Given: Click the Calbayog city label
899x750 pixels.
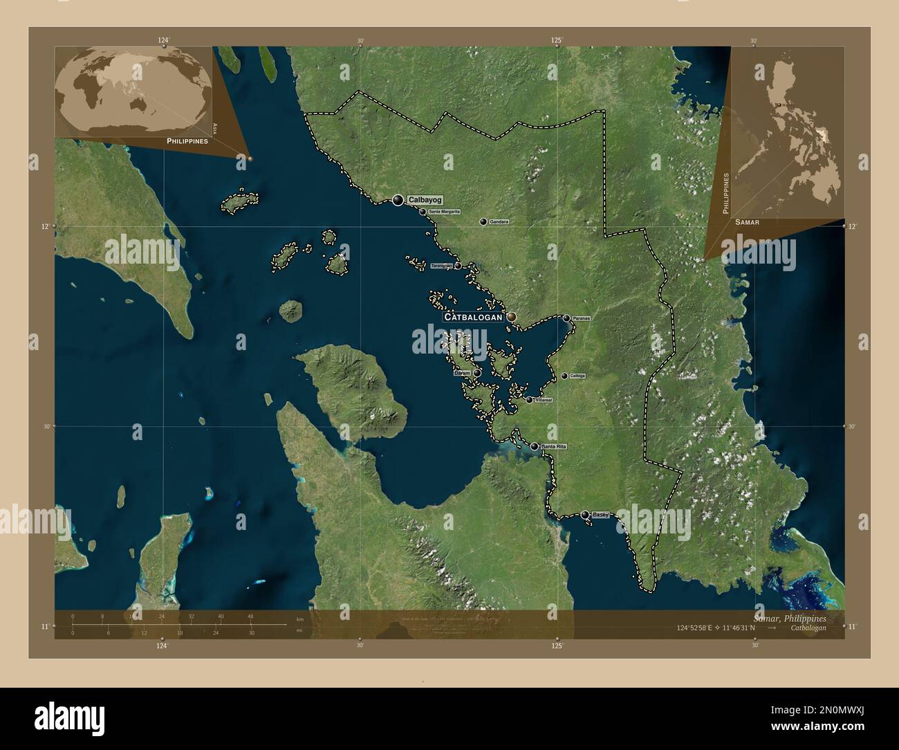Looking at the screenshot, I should pos(425,200).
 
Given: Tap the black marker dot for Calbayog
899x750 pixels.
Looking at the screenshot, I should pos(398,200).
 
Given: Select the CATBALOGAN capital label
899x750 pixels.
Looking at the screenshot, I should pos(472,317).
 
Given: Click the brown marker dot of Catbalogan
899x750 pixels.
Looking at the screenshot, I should pos(511,316).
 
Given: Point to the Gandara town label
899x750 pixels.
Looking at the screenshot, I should pos(499,222).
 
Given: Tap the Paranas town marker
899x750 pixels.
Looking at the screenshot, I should pos(566,318).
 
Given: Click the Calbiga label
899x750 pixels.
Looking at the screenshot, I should pos(577,376).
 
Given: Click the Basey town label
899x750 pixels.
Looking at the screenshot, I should pos(600,515).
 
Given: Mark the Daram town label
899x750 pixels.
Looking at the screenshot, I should pos(461,373).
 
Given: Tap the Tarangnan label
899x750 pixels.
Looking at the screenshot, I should pos(441,266).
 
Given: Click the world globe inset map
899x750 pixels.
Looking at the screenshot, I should pos(133,92).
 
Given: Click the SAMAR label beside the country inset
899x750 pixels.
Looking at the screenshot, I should pos(748,222).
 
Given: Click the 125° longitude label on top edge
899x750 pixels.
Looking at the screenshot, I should pos(557,40).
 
